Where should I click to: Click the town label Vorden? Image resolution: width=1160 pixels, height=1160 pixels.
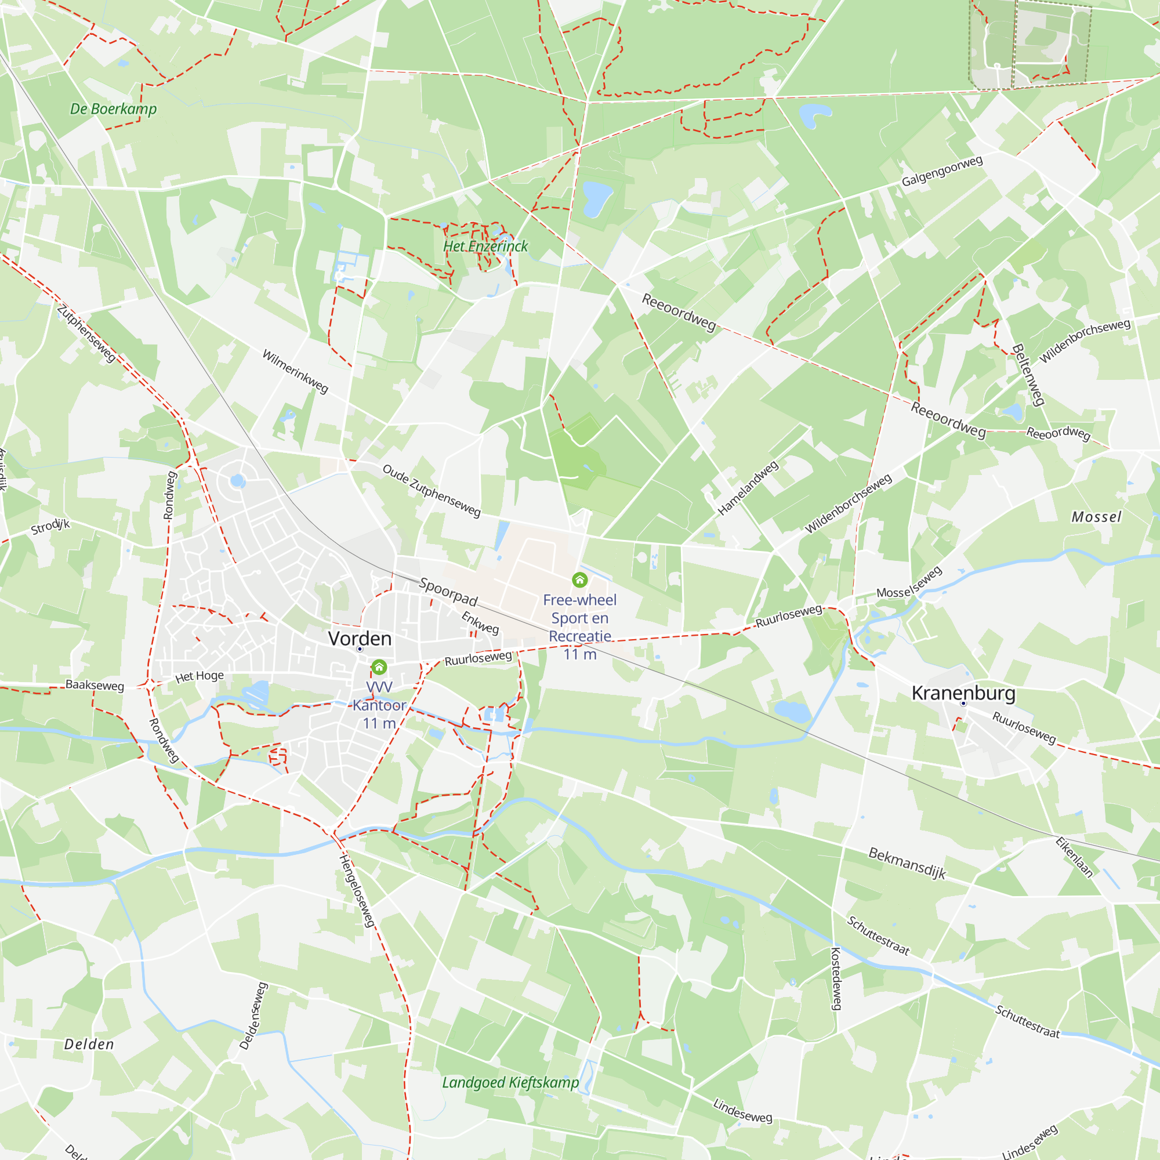click(x=360, y=638)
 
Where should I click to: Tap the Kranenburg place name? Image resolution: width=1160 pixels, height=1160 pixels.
click(x=963, y=693)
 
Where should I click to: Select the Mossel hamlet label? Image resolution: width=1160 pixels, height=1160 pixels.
click(x=1096, y=517)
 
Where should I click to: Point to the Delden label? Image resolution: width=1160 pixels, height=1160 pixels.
click(x=89, y=1044)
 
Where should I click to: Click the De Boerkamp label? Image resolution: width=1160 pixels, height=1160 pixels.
click(x=114, y=108)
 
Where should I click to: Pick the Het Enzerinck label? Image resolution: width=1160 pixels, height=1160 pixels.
click(x=485, y=246)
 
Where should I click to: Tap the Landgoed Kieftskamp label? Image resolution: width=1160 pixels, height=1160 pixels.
click(x=510, y=1082)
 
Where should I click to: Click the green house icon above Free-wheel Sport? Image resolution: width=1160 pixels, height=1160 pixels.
click(x=579, y=579)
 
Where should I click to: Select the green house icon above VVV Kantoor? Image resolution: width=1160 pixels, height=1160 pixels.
click(x=379, y=667)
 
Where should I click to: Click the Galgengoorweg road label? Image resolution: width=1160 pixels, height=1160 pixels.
click(x=942, y=171)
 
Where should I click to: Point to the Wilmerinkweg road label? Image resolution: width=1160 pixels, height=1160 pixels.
click(x=295, y=372)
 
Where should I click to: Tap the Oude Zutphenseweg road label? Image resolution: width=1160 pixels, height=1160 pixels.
click(x=432, y=491)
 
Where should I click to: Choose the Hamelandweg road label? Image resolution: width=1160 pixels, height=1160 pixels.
click(x=748, y=488)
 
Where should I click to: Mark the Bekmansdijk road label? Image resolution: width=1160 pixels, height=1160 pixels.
click(x=907, y=864)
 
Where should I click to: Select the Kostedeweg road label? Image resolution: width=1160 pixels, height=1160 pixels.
click(x=836, y=978)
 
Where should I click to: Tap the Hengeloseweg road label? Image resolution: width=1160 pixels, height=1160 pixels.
click(x=358, y=890)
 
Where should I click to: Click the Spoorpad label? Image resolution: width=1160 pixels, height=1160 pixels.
click(x=448, y=592)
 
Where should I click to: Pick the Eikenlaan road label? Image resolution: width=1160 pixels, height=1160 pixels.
click(x=1074, y=857)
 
